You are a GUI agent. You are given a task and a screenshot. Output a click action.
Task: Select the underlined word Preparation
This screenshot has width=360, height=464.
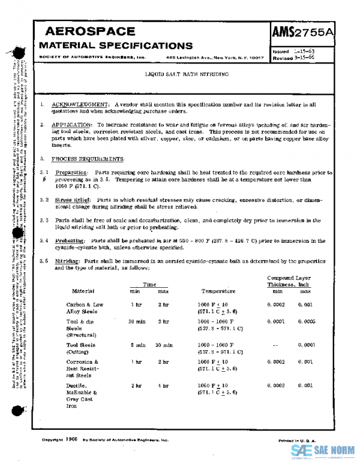(x=71, y=172)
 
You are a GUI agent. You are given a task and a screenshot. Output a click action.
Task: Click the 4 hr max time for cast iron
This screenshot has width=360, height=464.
(x=163, y=385)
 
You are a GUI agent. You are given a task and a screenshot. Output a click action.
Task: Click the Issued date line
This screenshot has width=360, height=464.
(x=294, y=52)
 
